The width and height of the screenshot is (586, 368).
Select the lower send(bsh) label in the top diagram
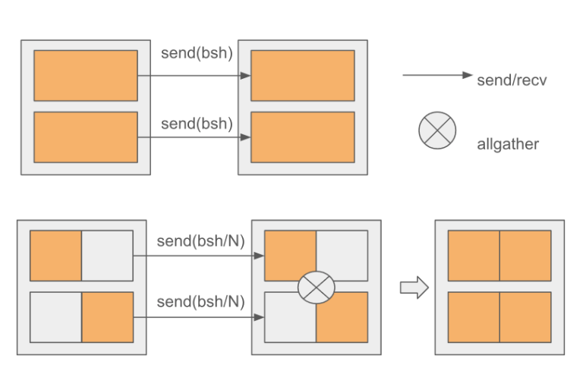197,123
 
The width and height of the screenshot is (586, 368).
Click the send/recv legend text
512,79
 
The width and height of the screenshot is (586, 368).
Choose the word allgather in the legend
508,144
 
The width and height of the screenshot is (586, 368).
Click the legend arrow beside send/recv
437,75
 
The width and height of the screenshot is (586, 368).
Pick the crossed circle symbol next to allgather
437,131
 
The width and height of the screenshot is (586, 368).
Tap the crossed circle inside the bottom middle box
316,288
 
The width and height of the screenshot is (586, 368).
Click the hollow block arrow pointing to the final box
414,288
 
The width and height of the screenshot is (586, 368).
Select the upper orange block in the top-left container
86,76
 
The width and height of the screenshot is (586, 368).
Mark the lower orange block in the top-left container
86,137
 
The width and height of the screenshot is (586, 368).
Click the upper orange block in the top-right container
303,76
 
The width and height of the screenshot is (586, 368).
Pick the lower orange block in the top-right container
303,137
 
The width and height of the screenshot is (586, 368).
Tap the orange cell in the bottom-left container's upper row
55,256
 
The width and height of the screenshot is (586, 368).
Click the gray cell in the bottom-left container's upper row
107,256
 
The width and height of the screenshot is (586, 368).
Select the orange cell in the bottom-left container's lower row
107,317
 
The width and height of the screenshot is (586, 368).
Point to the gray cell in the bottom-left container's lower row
55,317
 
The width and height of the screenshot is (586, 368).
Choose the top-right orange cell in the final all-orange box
525,256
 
